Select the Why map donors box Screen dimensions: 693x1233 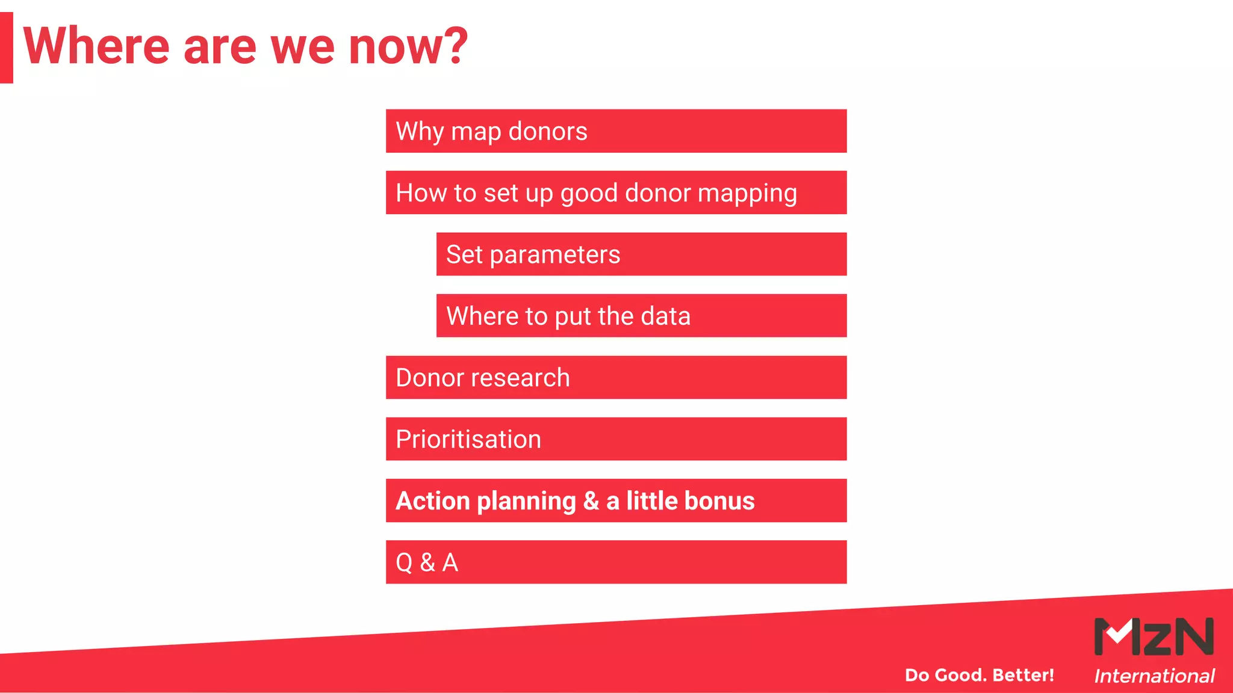point(616,131)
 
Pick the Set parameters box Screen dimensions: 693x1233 point(641,254)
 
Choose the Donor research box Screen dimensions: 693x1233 point(616,378)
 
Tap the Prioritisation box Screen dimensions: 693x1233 point(616,439)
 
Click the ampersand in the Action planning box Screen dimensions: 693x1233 point(591,501)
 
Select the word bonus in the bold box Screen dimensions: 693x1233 point(719,501)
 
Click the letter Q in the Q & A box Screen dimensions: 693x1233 point(404,563)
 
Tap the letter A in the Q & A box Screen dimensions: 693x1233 point(450,563)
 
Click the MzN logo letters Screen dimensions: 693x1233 point(1154,636)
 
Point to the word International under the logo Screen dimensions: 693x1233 point(1154,676)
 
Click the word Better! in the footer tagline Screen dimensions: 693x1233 point(1023,675)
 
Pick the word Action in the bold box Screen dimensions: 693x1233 point(432,501)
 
